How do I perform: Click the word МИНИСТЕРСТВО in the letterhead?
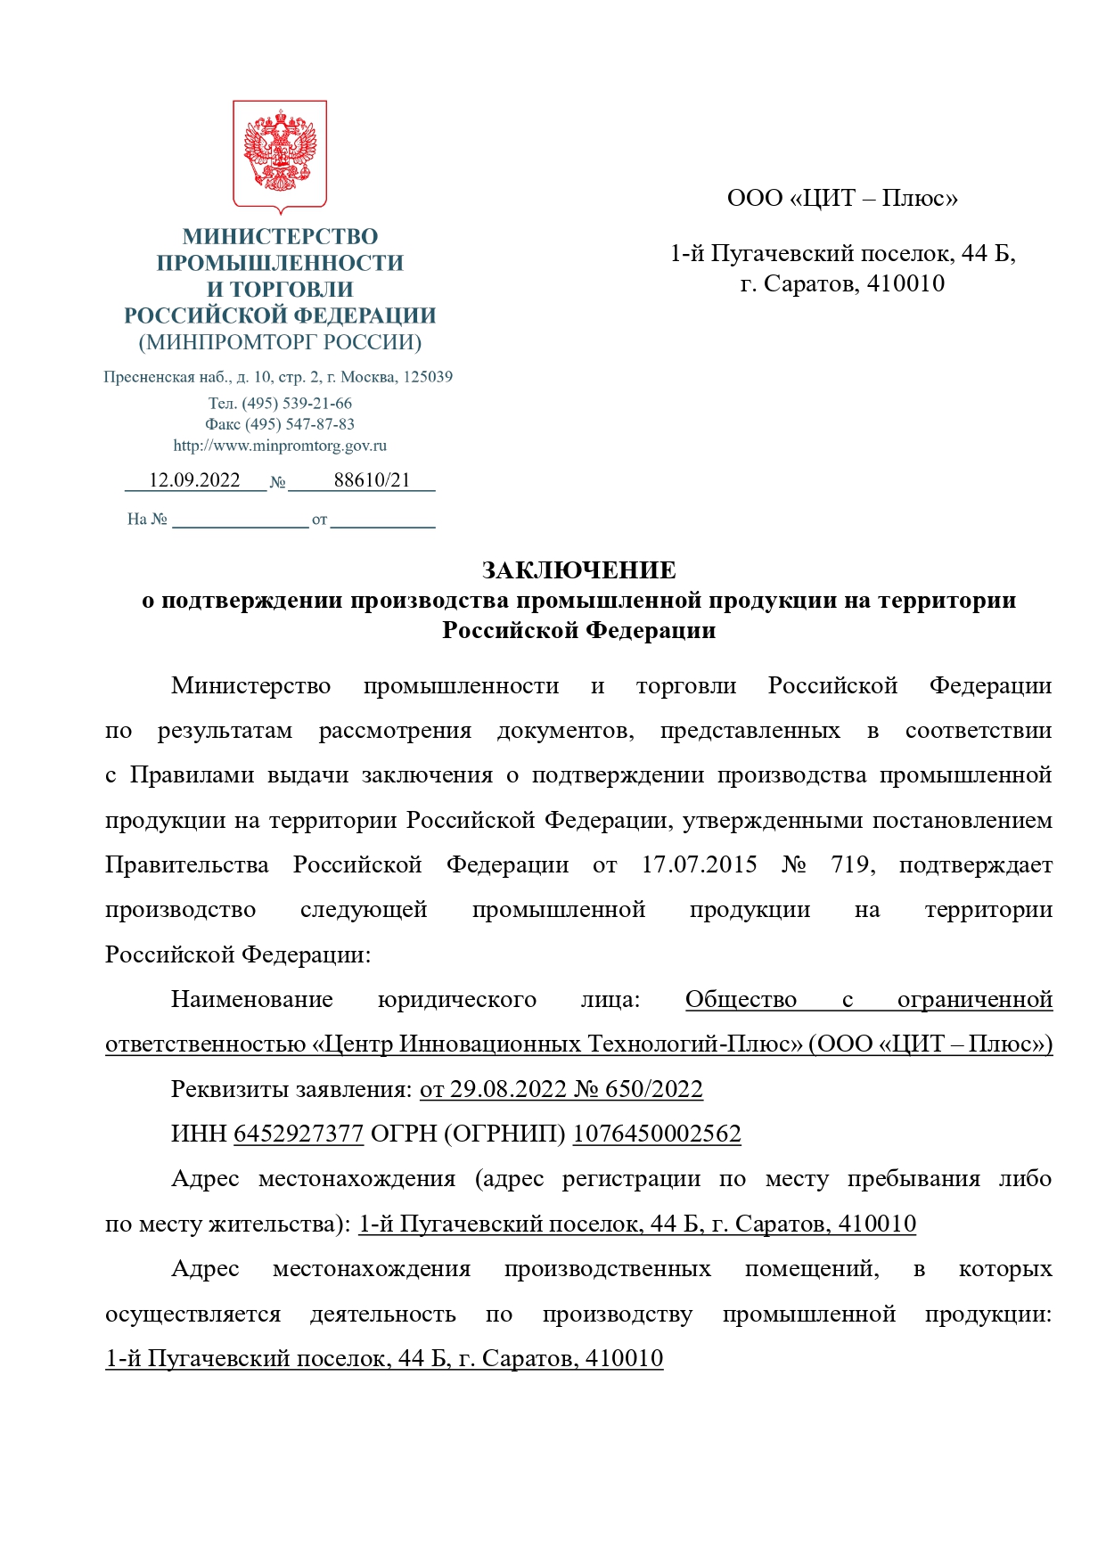pyautogui.click(x=280, y=236)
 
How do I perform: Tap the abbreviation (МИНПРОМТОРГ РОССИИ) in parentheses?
pyautogui.click(x=280, y=342)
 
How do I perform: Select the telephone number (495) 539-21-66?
pyautogui.click(x=297, y=404)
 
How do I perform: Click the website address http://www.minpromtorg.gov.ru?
pyautogui.click(x=280, y=446)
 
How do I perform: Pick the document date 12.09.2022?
pyautogui.click(x=194, y=480)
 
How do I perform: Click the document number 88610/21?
pyautogui.click(x=372, y=480)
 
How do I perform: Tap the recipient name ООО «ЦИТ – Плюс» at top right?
pyautogui.click(x=842, y=198)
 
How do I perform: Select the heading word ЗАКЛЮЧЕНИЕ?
pyautogui.click(x=579, y=570)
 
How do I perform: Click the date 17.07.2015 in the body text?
pyautogui.click(x=700, y=865)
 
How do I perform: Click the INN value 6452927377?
pyautogui.click(x=299, y=1134)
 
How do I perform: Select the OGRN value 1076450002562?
pyautogui.click(x=657, y=1134)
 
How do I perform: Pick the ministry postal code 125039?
pyautogui.click(x=428, y=377)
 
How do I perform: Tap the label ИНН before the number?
pyautogui.click(x=199, y=1134)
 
